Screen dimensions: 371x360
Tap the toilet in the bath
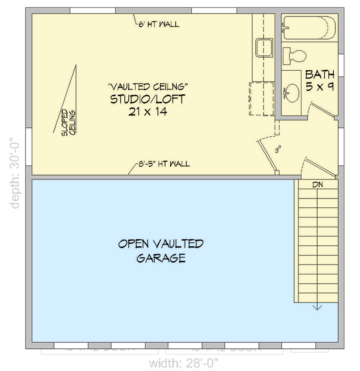294,55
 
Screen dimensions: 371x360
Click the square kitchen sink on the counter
264,48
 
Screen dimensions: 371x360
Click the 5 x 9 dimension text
319,86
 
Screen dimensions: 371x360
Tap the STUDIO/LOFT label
147,99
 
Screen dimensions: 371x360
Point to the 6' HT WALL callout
157,24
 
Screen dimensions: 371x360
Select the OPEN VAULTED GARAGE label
161,251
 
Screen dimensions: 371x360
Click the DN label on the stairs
317,185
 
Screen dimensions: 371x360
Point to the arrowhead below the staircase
317,307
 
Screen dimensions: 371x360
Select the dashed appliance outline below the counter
262,98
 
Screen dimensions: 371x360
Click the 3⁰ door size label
278,149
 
